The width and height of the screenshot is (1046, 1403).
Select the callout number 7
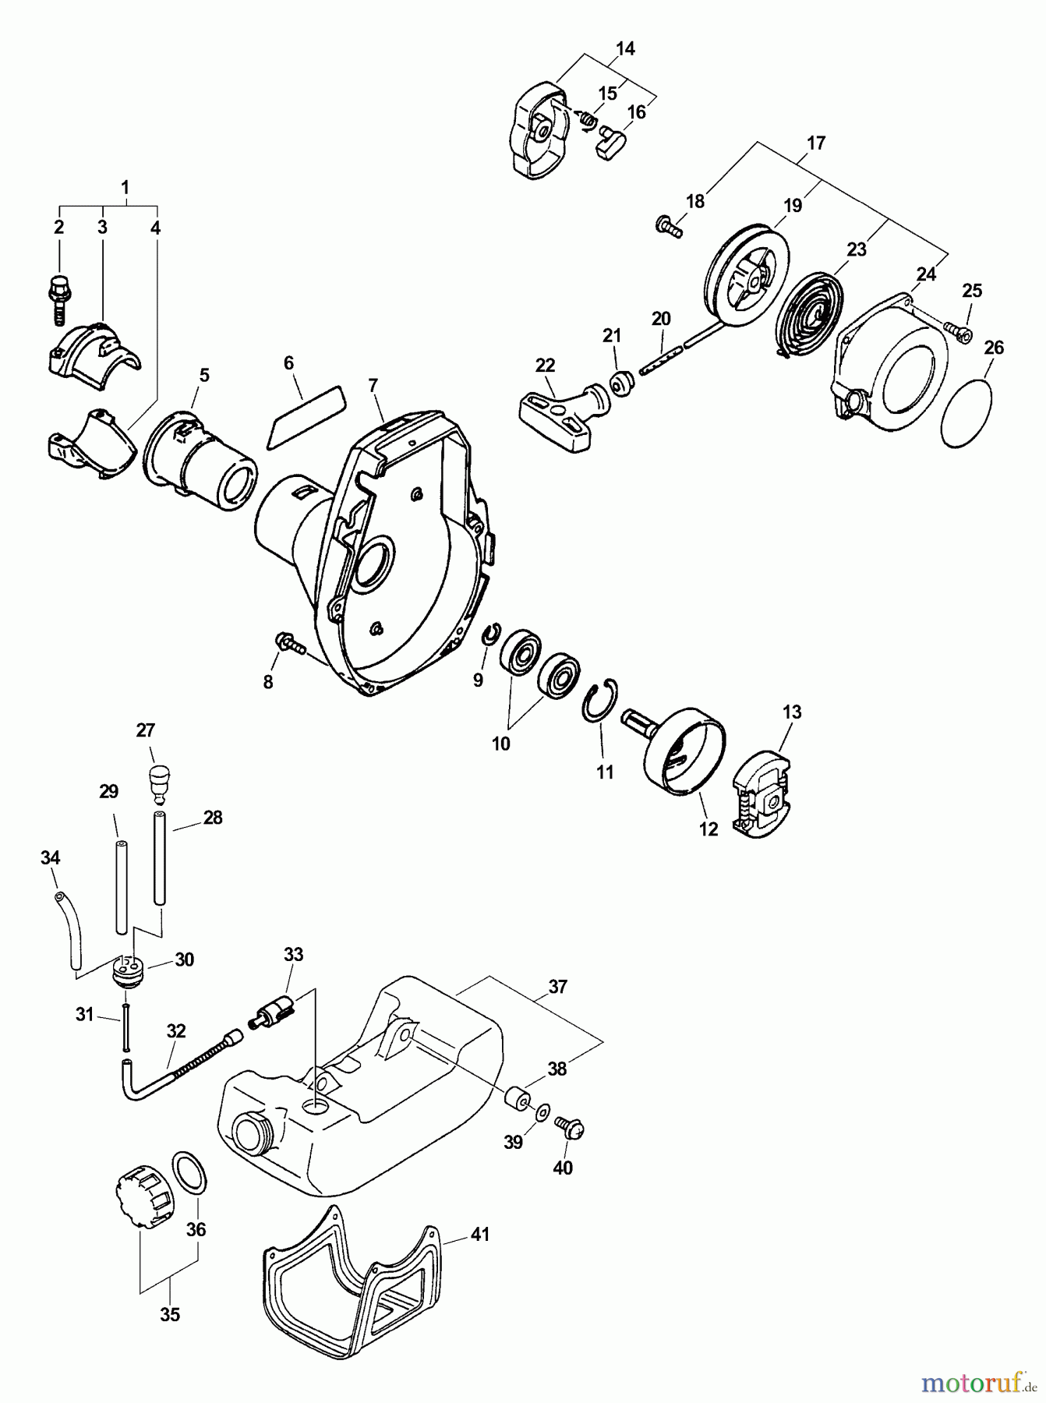373,385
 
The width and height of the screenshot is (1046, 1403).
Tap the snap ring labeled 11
601,698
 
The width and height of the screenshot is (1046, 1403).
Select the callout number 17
816,143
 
